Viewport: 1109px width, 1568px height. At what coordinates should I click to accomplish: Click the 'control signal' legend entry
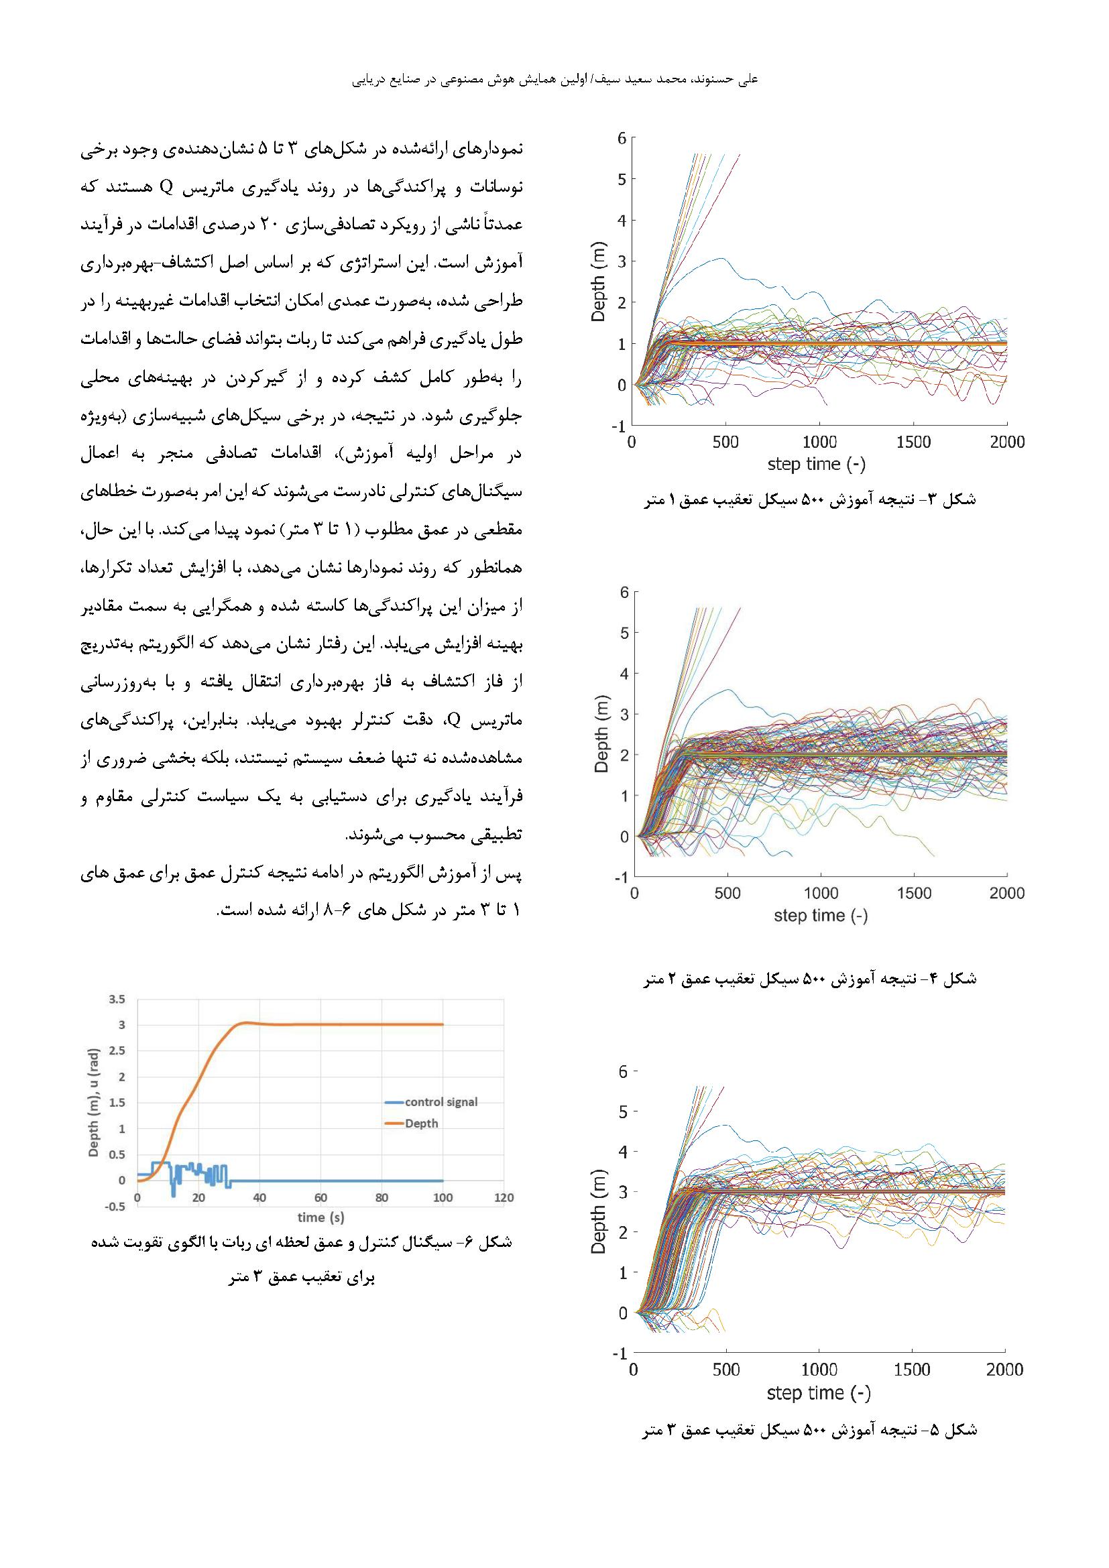[441, 1101]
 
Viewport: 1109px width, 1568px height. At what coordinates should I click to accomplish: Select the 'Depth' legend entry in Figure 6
[420, 1124]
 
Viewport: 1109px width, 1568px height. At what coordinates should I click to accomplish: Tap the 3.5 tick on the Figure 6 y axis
[117, 999]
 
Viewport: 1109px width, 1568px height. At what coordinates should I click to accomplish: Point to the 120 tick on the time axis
[504, 1197]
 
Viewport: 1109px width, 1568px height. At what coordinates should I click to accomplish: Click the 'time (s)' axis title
[320, 1217]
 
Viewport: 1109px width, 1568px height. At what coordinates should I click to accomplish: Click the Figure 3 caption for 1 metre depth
[810, 500]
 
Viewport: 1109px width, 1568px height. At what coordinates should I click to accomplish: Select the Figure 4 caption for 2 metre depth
[810, 979]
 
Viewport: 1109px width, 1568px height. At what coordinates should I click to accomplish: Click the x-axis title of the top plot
[816, 465]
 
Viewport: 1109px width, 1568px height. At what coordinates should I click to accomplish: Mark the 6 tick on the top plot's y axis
[622, 138]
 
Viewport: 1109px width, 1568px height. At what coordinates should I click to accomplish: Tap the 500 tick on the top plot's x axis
[725, 442]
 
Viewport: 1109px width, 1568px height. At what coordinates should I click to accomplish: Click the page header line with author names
[554, 80]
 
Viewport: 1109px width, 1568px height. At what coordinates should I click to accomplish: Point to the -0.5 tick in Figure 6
[115, 1206]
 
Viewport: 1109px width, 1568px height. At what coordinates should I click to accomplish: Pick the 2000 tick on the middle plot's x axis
[1006, 893]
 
